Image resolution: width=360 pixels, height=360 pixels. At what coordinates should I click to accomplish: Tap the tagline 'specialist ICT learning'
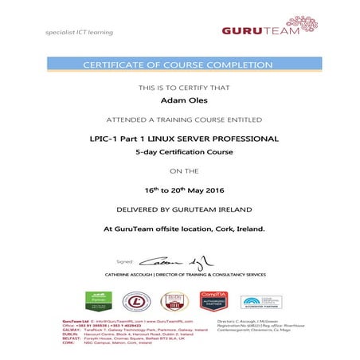click(x=80, y=33)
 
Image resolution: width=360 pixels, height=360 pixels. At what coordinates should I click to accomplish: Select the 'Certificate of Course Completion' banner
click(x=179, y=64)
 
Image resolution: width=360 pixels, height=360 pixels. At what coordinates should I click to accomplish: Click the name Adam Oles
click(x=178, y=101)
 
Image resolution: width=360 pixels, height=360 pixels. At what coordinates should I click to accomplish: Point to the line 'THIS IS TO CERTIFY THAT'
click(x=178, y=85)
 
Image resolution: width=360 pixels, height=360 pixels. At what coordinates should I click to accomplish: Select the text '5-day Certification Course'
click(x=178, y=151)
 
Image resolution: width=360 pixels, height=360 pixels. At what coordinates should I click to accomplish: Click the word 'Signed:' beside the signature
click(x=126, y=261)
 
